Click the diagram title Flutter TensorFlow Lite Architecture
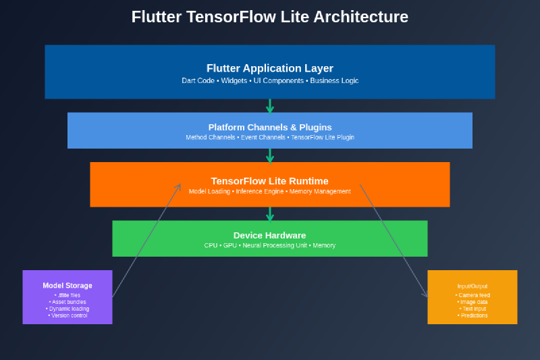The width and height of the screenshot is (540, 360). coord(270,17)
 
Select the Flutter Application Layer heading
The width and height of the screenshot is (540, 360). coord(270,68)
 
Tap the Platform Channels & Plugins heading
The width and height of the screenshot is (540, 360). coord(270,127)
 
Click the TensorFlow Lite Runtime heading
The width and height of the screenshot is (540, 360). coord(270,181)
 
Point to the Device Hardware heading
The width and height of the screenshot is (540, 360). coord(270,235)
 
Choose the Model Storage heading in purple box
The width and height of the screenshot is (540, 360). coord(67,286)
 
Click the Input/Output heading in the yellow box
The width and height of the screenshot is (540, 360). coord(472,286)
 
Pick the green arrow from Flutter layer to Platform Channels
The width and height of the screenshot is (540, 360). coord(270,106)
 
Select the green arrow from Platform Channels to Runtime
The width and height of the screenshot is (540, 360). coord(270,156)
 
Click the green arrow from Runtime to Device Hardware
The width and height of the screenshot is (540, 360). coord(270,214)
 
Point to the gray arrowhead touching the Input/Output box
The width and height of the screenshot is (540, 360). coord(425,294)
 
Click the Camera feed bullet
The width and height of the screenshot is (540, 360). coord(473,296)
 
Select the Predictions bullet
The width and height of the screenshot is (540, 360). coord(473,315)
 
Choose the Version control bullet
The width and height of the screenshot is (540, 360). coord(67,315)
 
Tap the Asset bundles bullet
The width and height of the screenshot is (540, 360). coord(67,302)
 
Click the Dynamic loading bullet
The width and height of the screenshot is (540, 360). coord(67,309)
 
